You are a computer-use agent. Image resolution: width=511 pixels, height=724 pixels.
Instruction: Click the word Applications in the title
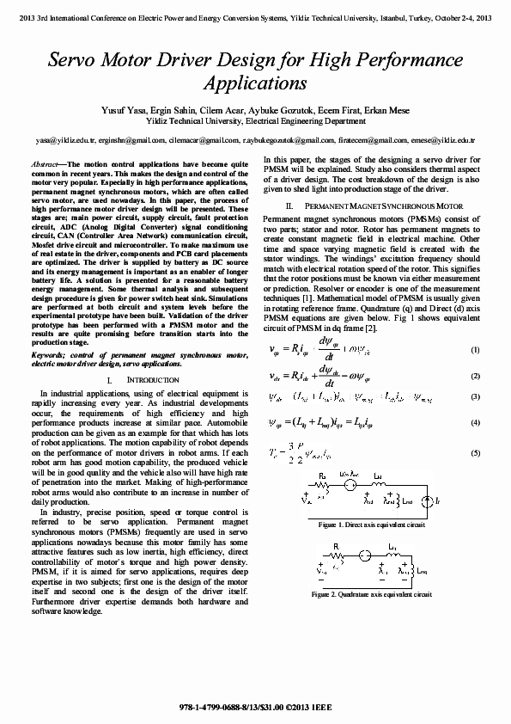pos(255,83)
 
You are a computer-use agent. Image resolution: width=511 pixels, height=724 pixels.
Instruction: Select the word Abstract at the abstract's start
pos(44,163)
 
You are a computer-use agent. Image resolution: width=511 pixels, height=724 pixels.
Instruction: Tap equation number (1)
pos(475,350)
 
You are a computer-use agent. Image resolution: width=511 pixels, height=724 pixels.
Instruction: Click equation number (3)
pos(475,396)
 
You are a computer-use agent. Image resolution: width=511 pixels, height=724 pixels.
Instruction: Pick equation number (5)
pos(475,453)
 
